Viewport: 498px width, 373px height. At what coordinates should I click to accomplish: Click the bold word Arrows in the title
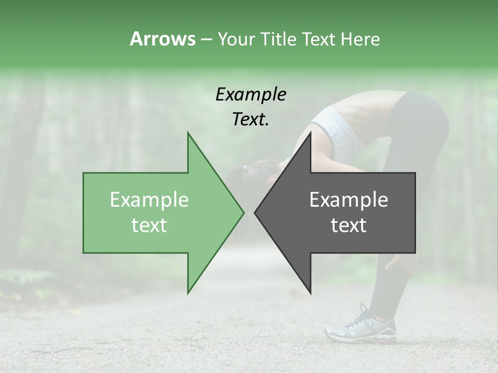(162, 39)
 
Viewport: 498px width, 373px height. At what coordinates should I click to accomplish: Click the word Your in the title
(236, 39)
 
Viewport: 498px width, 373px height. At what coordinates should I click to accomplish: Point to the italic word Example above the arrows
(251, 95)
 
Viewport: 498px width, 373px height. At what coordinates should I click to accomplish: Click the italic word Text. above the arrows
(251, 120)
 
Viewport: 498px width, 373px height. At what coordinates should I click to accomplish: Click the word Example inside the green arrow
(149, 199)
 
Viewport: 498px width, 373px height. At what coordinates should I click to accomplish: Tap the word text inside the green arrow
(149, 225)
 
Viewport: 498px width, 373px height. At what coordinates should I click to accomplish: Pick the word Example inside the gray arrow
(349, 199)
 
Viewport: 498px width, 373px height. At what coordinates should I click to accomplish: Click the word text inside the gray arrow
(349, 225)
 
